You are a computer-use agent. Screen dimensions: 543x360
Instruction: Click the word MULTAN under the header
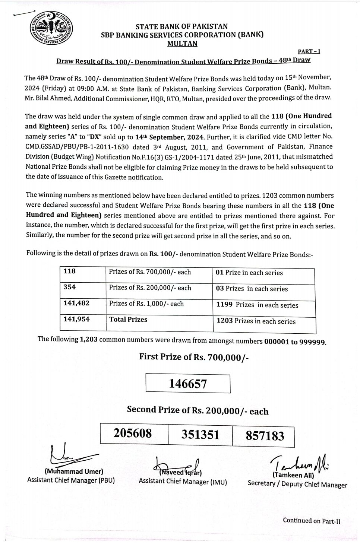(x=182, y=44)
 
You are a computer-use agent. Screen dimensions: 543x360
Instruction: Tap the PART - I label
(x=309, y=51)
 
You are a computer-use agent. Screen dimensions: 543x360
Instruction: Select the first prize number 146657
(x=188, y=383)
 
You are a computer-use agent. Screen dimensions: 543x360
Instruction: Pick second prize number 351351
(x=200, y=435)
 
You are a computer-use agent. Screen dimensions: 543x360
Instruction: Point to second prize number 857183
(x=265, y=435)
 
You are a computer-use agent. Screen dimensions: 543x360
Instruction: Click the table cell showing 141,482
(x=77, y=303)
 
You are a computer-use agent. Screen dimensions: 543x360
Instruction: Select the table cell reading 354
(x=70, y=287)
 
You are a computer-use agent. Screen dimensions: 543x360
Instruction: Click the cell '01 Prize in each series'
(x=249, y=273)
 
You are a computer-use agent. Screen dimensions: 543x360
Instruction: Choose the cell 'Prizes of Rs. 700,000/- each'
(x=150, y=272)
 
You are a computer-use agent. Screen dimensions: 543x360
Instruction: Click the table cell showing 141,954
(x=77, y=319)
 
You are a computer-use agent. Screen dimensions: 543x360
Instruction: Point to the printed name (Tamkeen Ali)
(x=293, y=475)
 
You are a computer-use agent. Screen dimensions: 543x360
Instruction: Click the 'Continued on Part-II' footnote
(x=311, y=521)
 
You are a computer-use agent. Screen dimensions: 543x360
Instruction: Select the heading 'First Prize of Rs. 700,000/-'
(x=194, y=357)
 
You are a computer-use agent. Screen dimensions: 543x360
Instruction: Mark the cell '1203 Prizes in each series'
(x=256, y=321)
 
